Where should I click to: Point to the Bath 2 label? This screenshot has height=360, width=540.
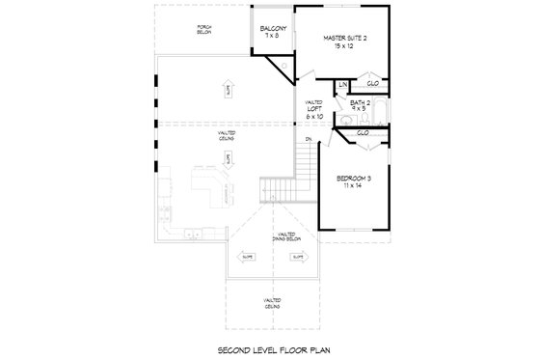[x=361, y=101]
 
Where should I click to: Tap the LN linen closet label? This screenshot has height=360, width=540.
[x=341, y=85]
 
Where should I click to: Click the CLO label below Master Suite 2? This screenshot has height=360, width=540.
[x=371, y=83]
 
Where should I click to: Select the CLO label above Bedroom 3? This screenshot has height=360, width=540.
[x=363, y=132]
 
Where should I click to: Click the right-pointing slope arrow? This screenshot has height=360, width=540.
[x=299, y=257]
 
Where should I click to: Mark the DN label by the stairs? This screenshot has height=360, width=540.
[x=308, y=141]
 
